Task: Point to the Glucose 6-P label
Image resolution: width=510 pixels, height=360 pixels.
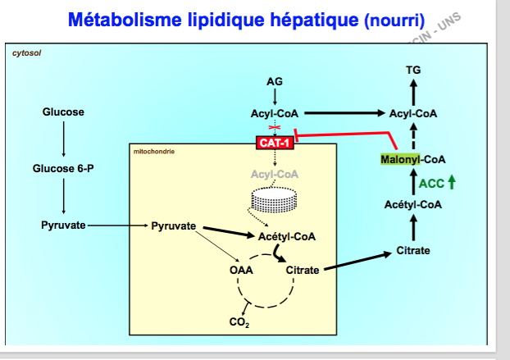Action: (x=63, y=168)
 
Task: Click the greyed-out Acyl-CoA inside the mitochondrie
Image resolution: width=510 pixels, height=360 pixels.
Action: (x=275, y=174)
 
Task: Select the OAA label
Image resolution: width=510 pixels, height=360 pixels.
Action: (x=241, y=269)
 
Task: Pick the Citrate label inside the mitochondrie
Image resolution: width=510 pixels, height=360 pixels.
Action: (x=303, y=269)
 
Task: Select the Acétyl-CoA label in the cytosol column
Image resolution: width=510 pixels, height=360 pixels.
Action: (x=413, y=205)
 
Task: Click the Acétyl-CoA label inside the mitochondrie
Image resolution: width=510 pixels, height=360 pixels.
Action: (x=286, y=236)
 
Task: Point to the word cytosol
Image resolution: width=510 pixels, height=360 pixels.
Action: (x=27, y=52)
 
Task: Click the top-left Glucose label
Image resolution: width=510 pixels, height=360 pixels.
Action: (x=63, y=112)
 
